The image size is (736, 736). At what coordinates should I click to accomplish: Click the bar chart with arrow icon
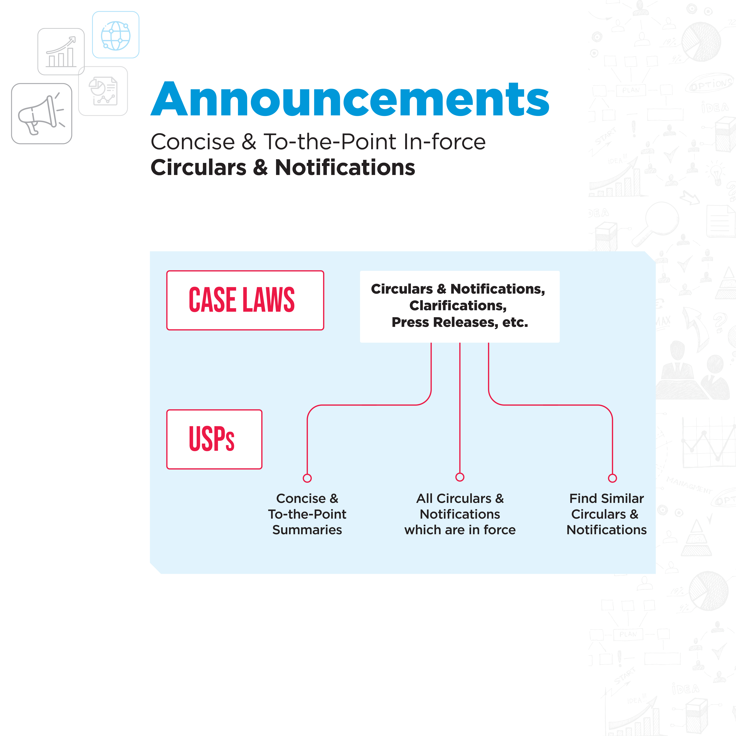pyautogui.click(x=61, y=52)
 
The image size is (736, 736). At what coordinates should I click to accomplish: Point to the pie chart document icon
pyautogui.click(x=103, y=91)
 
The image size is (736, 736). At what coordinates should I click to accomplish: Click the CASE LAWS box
pyautogui.click(x=245, y=300)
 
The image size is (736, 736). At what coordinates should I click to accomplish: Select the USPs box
pyautogui.click(x=214, y=439)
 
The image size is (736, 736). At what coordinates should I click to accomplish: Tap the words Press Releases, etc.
pyautogui.click(x=459, y=322)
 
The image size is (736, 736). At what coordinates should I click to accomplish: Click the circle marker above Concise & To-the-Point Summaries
pyautogui.click(x=307, y=478)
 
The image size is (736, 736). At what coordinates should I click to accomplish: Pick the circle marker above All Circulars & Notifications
pyautogui.click(x=460, y=477)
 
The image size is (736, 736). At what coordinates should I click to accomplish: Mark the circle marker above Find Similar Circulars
pyautogui.click(x=612, y=478)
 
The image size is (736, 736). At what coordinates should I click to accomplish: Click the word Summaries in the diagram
pyautogui.click(x=307, y=530)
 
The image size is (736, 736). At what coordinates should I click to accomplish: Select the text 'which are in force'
pyautogui.click(x=460, y=530)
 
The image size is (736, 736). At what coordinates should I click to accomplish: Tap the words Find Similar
pyautogui.click(x=606, y=498)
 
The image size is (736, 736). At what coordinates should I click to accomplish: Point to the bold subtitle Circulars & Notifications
pyautogui.click(x=283, y=168)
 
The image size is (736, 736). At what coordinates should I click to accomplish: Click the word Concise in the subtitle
pyautogui.click(x=193, y=142)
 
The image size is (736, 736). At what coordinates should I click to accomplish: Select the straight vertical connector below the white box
pyautogui.click(x=460, y=408)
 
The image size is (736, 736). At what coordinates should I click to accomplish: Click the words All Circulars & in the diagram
pyautogui.click(x=460, y=498)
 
